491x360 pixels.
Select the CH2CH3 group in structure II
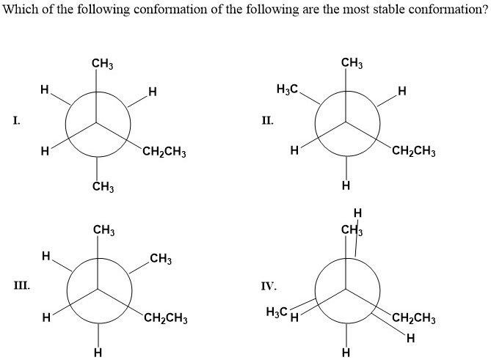415,153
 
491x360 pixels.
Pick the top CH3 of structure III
103,232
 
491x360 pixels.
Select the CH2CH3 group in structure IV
415,318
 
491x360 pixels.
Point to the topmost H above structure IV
357,213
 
